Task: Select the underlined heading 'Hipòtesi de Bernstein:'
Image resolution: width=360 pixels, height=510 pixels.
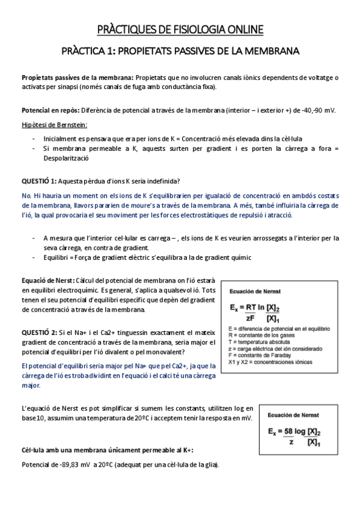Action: (54, 125)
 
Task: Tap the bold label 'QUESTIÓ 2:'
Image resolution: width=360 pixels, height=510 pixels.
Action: (39, 332)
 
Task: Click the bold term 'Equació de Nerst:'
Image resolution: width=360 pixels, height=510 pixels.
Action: (49, 280)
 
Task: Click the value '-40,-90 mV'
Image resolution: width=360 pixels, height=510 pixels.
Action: (318, 111)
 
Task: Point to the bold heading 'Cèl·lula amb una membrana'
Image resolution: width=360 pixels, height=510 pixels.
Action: (63, 450)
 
